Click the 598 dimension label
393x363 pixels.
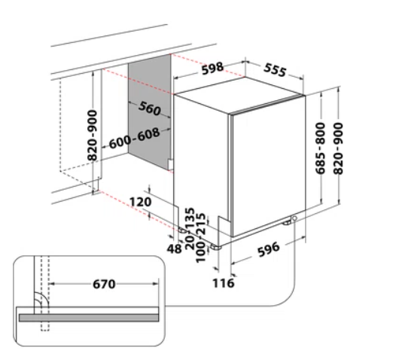click(x=212, y=68)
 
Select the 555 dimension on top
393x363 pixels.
click(x=275, y=70)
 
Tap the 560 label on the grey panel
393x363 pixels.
click(x=150, y=108)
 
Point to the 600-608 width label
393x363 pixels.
click(x=134, y=139)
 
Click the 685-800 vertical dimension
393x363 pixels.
click(x=320, y=148)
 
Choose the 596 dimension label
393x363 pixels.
click(x=269, y=249)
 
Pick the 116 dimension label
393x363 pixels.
click(x=224, y=283)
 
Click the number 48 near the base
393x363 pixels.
click(x=174, y=249)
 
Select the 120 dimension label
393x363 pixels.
click(x=140, y=202)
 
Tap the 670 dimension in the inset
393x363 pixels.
click(x=104, y=284)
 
